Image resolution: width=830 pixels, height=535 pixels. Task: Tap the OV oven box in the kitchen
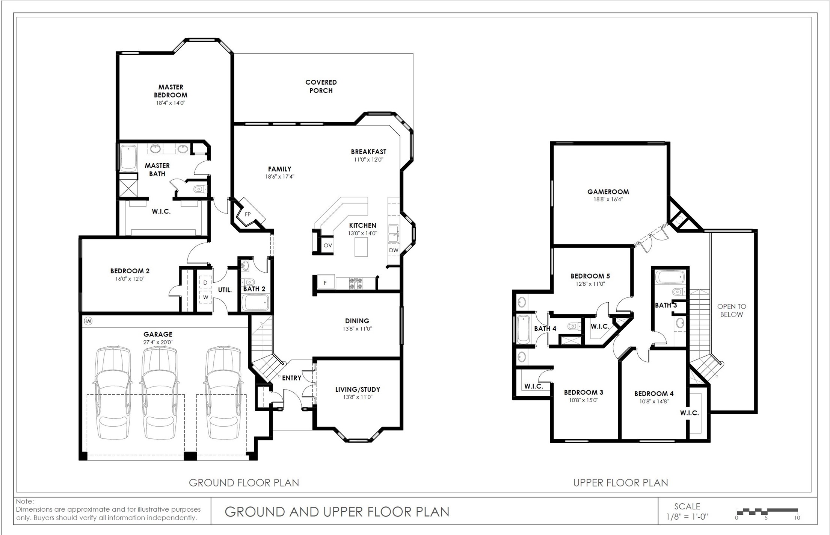coord(327,245)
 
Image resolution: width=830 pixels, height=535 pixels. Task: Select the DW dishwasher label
coord(394,250)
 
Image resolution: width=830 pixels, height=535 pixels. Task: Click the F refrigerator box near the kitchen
coord(325,282)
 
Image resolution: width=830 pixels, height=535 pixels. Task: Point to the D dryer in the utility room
coord(205,283)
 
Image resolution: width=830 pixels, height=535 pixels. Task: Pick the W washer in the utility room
coord(205,297)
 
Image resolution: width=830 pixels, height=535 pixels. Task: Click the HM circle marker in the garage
coord(88,321)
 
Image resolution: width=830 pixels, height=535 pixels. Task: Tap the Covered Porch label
coord(321,86)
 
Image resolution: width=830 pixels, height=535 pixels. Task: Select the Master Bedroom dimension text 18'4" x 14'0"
coord(171,103)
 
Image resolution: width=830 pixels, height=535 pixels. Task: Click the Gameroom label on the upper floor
coord(608,192)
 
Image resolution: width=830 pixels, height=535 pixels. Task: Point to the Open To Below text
coord(732,311)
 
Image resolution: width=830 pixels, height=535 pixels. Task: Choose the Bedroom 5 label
coord(588,276)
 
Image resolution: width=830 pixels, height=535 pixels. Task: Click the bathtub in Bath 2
coord(255,302)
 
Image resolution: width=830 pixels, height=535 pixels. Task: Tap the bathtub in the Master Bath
coord(128,158)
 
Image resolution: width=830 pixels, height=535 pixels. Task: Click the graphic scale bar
coord(767,511)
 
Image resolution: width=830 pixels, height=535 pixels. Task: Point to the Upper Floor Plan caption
coord(620,483)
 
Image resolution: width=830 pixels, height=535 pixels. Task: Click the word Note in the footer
coord(25,501)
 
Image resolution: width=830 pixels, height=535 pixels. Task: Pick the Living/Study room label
coord(358,390)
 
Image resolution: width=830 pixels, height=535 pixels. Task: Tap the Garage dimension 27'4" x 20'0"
coord(158,342)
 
